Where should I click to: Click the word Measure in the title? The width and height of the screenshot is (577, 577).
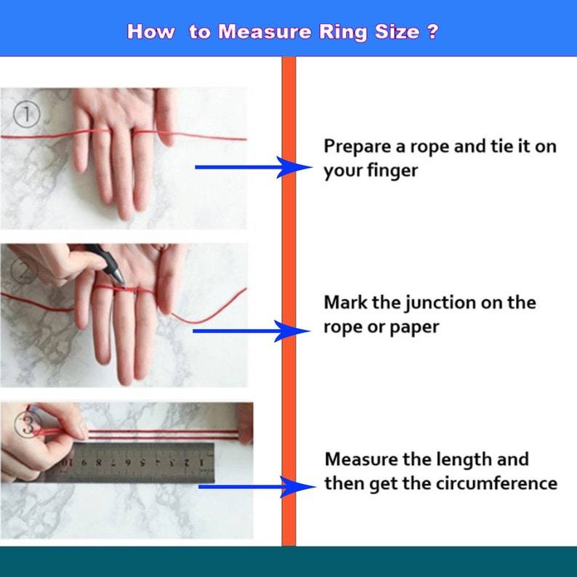coord(265,31)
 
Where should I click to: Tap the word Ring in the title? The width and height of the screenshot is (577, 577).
coord(343,33)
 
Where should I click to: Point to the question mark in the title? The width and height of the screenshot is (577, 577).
coord(434,31)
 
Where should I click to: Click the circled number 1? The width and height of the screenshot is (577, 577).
coord(26,114)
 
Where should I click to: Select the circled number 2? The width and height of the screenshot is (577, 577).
coord(23,270)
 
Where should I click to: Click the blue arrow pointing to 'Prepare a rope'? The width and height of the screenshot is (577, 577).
coord(254,167)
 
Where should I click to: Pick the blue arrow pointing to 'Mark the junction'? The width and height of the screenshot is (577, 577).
coord(251,331)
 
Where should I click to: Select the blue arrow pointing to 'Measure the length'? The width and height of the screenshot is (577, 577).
coord(257,487)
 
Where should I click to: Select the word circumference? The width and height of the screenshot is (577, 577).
coord(497,483)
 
